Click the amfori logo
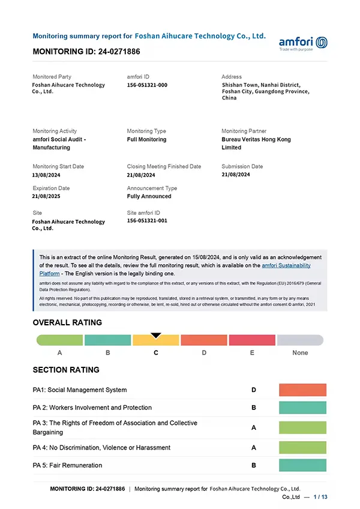click(303, 43)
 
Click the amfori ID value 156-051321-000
click(147, 85)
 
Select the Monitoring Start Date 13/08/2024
click(46, 175)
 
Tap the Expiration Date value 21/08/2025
click(46, 196)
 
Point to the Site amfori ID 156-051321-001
click(147, 221)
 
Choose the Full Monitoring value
click(146, 139)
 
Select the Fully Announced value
click(149, 196)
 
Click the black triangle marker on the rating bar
click(156, 335)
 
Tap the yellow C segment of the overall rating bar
click(156, 340)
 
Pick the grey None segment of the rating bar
click(300, 340)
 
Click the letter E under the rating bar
click(252, 353)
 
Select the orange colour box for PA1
click(302, 390)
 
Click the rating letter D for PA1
click(254, 390)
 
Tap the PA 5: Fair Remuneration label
click(67, 465)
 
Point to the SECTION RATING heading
click(66, 370)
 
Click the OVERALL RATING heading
click(67, 322)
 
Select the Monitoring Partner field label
click(243, 131)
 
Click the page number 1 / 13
click(320, 497)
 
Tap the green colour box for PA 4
click(302, 447)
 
